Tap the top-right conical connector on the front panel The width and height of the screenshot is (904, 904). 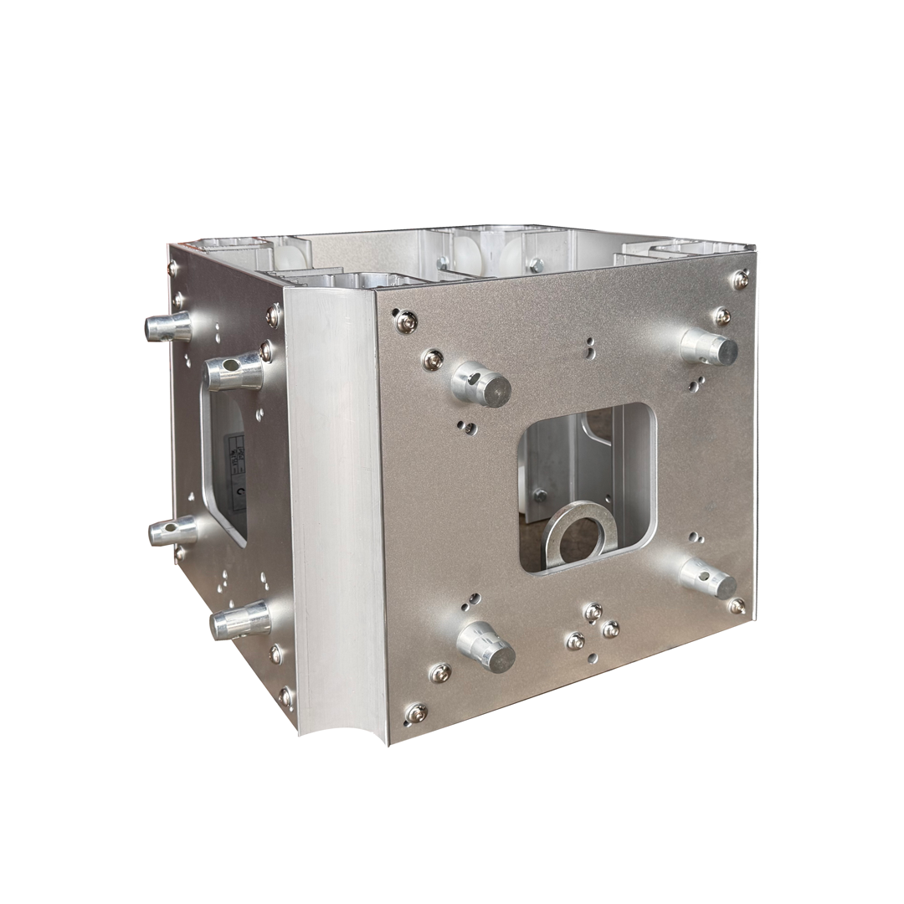pyautogui.click(x=708, y=347)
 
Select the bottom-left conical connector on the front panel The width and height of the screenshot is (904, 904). pyautogui.click(x=485, y=645)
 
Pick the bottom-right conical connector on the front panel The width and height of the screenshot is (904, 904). pyautogui.click(x=708, y=578)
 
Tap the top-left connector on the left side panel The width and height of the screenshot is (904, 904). pyautogui.click(x=167, y=326)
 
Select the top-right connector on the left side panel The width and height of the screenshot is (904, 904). pyautogui.click(x=234, y=371)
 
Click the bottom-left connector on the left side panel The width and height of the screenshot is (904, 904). pyautogui.click(x=172, y=530)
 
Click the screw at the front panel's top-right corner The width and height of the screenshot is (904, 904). pyautogui.click(x=740, y=280)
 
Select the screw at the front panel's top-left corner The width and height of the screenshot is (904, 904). pyautogui.click(x=406, y=321)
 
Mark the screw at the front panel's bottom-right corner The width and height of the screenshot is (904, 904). pyautogui.click(x=737, y=605)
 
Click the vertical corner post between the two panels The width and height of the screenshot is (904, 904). pyautogui.click(x=335, y=502)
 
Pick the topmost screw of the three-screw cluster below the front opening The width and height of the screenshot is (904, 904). pyautogui.click(x=593, y=612)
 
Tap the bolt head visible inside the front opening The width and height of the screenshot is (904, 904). pyautogui.click(x=540, y=495)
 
